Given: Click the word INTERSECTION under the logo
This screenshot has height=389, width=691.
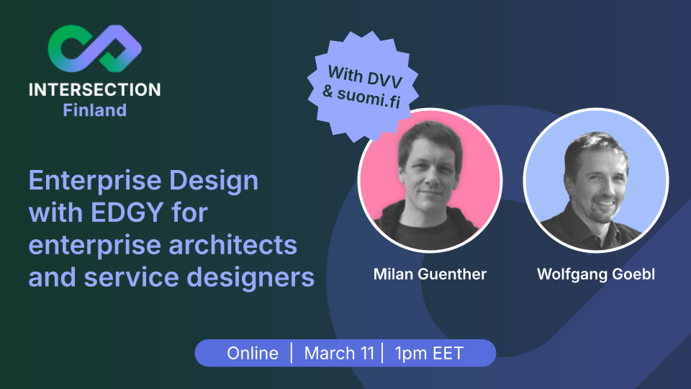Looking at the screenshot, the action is point(95,90).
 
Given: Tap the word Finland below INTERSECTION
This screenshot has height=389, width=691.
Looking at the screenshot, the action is point(95,110).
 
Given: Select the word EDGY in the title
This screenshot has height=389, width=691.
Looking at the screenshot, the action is point(127,213).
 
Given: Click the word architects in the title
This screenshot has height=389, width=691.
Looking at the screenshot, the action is point(232,245).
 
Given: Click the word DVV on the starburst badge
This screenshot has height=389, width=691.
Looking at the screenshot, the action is point(384,79).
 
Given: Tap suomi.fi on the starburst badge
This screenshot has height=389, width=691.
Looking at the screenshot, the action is point(369,97).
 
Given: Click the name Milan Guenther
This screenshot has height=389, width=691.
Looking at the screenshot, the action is point(430,274).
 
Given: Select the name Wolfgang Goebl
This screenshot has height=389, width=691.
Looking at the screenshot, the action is point(596,274).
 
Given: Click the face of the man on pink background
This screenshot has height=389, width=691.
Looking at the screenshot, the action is point(429,172).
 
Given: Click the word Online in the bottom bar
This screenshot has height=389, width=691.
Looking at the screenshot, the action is point(253,353).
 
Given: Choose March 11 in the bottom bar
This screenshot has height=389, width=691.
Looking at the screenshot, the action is point(339,353).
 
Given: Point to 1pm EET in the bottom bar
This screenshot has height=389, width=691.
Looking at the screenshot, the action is point(429,353).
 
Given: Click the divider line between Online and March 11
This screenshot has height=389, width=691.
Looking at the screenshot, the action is point(292,353).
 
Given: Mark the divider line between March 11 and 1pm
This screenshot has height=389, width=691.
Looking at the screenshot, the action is point(382,353).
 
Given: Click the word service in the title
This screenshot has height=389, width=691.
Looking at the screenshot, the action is point(131,277).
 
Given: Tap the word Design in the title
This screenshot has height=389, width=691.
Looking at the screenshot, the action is point(214,182).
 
